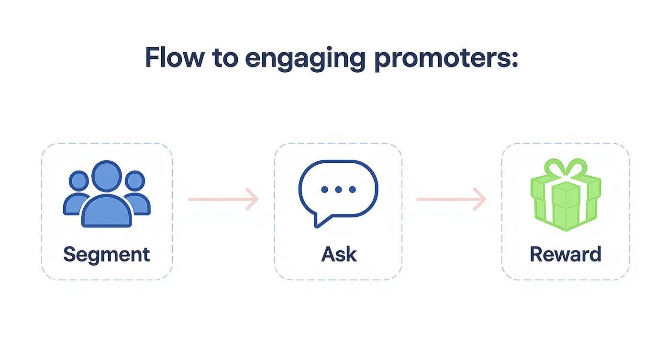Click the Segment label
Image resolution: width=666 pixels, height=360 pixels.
click(106, 254)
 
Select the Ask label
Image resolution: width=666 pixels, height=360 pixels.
click(338, 254)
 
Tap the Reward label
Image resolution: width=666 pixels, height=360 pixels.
click(565, 254)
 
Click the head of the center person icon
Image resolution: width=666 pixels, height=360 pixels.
click(107, 176)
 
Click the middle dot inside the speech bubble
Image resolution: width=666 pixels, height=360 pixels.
click(338, 190)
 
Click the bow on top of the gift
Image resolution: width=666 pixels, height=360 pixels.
click(566, 169)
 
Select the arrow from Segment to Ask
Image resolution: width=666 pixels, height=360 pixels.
click(223, 199)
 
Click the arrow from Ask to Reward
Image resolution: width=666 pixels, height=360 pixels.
click(451, 199)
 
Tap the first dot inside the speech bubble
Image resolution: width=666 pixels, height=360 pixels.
click(325, 190)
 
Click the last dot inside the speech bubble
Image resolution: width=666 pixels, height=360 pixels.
click(352, 190)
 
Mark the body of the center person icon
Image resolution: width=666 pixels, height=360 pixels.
click(107, 211)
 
